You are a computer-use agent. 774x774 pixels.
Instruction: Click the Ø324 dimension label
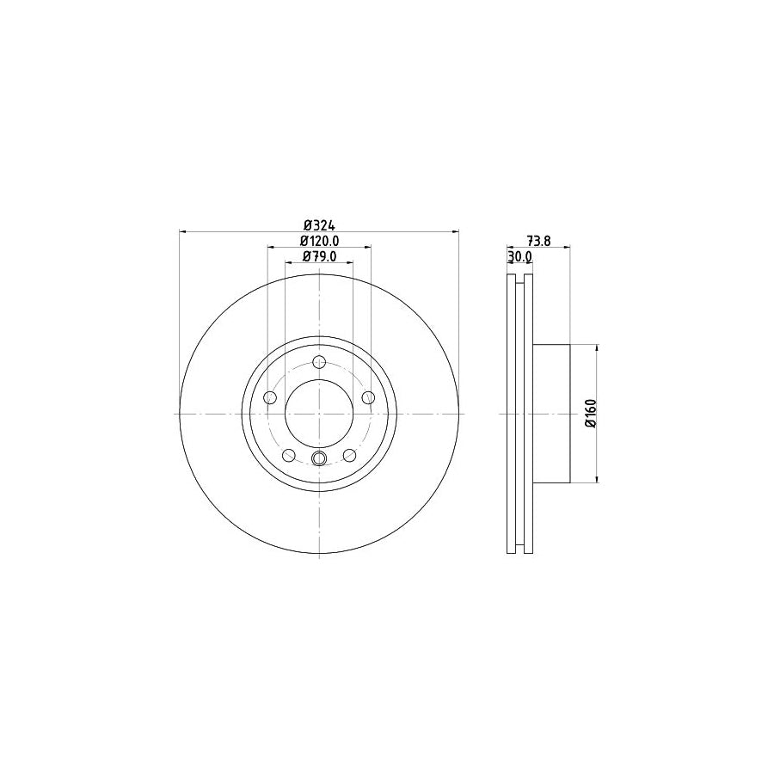[x=318, y=224]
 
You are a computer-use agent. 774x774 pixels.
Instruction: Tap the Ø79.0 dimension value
[x=318, y=256]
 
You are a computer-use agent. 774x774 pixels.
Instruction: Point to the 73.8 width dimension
[x=538, y=241]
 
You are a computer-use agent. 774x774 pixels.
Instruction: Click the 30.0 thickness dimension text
[x=519, y=257]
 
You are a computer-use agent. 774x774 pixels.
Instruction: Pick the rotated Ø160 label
[x=591, y=414]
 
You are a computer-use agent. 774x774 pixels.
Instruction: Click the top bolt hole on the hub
[x=319, y=361]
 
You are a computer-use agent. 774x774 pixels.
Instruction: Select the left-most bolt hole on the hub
[x=269, y=397]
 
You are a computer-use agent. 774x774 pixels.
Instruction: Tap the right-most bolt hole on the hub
[x=369, y=397]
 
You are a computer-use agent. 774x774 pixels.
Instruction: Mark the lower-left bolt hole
[x=289, y=455]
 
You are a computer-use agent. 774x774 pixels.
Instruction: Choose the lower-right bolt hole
[x=350, y=455]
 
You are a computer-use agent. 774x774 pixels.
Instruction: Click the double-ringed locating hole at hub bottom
[x=319, y=458]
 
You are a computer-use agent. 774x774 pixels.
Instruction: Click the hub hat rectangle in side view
[x=552, y=414]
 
